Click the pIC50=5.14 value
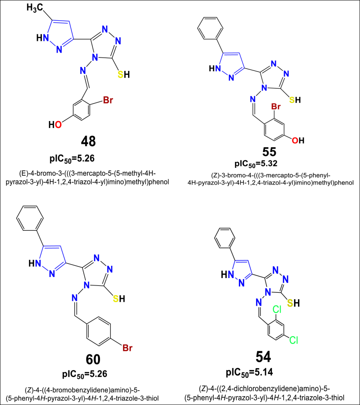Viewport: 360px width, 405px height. (274, 373)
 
